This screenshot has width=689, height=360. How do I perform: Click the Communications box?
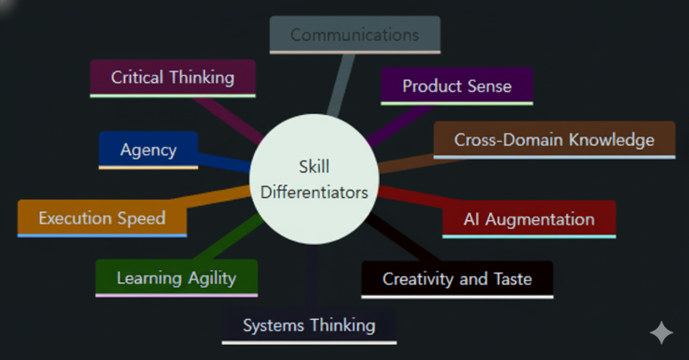click(354, 35)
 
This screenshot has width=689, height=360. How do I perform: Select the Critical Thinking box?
click(173, 78)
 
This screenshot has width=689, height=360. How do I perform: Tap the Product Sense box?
click(456, 86)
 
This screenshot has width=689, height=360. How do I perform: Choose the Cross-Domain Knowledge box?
click(554, 140)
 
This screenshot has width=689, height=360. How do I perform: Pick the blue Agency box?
click(148, 150)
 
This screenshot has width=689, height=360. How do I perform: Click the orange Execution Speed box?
click(102, 218)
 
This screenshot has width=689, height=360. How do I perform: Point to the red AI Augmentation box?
click(529, 219)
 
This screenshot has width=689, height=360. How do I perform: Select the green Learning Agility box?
click(176, 278)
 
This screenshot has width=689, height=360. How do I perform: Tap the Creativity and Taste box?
click(456, 279)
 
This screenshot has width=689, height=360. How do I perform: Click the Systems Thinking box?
click(308, 325)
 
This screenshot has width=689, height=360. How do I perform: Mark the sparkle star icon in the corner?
click(661, 333)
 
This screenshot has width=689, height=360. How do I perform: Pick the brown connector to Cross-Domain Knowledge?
click(406, 159)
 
